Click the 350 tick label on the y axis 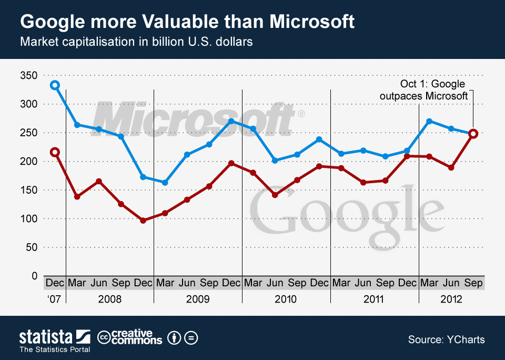click(x=29, y=76)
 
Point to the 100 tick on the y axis click(x=29, y=218)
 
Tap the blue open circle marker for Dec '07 click(x=55, y=85)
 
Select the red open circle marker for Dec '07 click(x=55, y=152)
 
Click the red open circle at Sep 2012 click(x=473, y=134)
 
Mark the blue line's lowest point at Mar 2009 click(x=165, y=183)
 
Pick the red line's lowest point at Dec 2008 click(x=143, y=221)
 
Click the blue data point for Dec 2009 click(x=231, y=121)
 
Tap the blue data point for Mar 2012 click(x=429, y=121)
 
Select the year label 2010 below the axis click(x=286, y=299)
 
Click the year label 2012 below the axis click(x=451, y=299)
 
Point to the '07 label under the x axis click(x=54, y=299)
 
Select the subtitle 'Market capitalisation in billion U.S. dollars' click(x=136, y=42)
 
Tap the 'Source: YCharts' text click(x=446, y=340)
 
